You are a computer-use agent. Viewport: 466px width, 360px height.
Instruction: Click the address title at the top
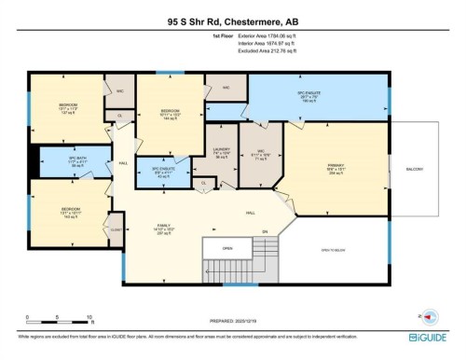233,20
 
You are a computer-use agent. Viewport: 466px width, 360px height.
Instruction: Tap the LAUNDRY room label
221,152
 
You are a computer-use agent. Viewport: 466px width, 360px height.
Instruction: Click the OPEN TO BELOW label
332,251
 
